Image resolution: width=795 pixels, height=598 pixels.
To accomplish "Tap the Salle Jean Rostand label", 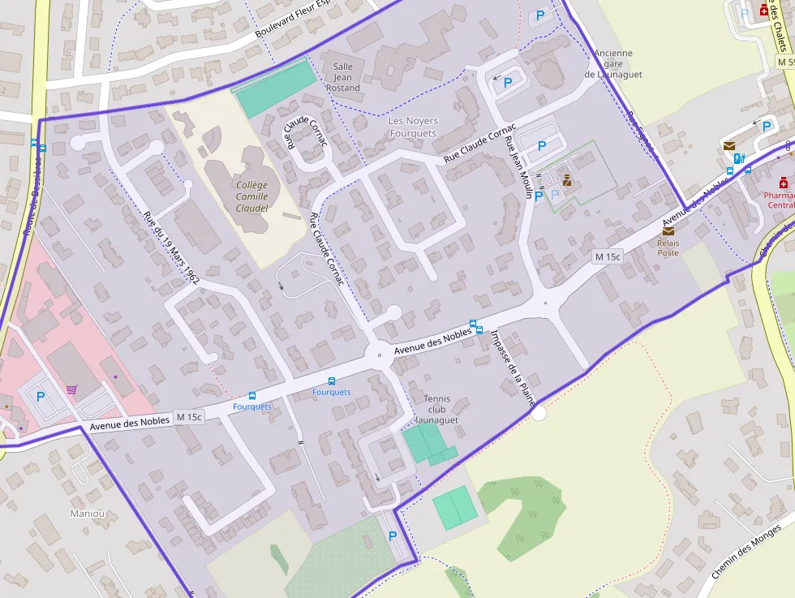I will coord(342,77).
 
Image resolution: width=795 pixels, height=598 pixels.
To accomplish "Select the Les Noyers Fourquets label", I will coord(413,127).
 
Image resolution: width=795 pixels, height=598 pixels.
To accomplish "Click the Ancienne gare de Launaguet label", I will coord(613,64).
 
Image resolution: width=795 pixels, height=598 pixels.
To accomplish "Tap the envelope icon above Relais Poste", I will coord(668,230).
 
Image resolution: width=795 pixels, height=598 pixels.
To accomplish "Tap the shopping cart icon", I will coord(72,389).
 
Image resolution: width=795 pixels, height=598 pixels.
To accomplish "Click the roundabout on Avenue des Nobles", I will coord(379,354).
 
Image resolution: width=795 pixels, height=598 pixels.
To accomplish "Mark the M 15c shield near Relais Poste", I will coord(607,256).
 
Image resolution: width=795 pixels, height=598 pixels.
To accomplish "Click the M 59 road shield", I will coord(784,62).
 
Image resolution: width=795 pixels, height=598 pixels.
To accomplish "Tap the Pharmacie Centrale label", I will coord(779,200).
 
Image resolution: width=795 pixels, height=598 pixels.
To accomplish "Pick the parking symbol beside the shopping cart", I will coord(41,397).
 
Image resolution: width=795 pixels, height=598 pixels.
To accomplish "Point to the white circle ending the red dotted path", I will coord(539,413).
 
